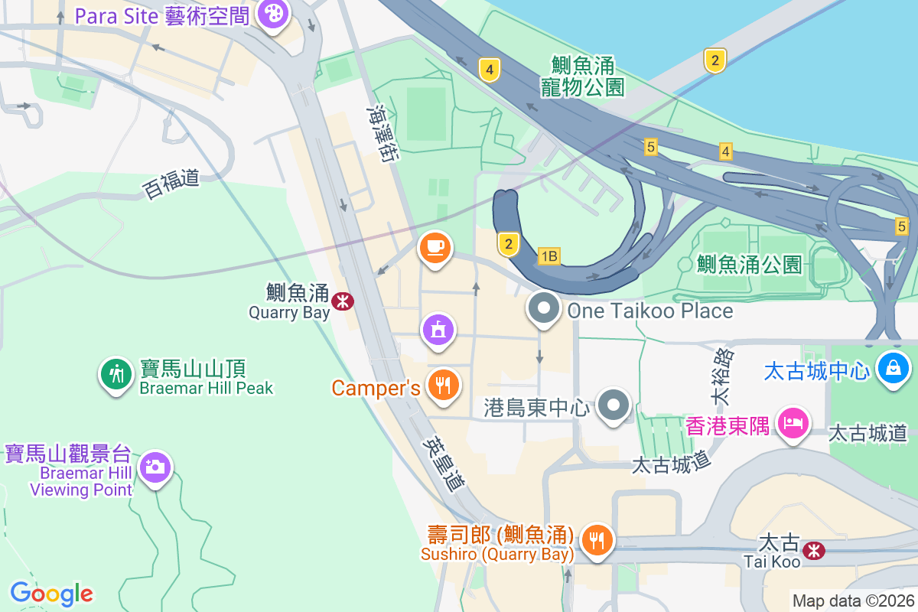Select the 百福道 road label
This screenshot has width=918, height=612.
coord(171,184)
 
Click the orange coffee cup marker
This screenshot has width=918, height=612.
coord(435,247)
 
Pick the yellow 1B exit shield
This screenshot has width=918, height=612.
coord(549,256)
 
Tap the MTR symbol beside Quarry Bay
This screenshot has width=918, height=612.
coord(342,301)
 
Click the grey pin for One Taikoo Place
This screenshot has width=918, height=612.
coord(544,309)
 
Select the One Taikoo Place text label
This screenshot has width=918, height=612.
coord(649,311)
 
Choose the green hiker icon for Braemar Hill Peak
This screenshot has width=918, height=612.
coord(116,375)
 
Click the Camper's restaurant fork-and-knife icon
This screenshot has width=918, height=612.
coord(442,384)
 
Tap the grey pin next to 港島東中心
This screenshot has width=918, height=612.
coord(614,404)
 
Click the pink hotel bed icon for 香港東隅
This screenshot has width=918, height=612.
coord(793,422)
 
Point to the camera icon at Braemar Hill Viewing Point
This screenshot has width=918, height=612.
coord(155,466)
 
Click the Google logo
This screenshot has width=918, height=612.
coord(51,594)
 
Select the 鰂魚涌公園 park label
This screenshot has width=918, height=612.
coord(749,265)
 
